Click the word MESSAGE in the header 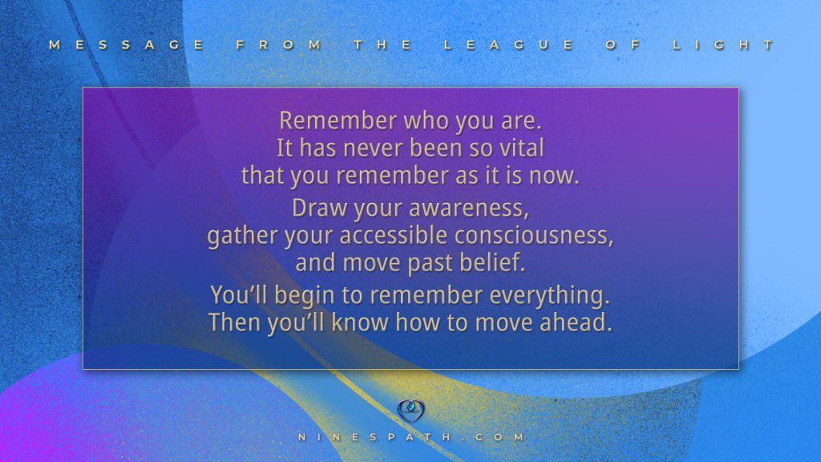click(x=127, y=45)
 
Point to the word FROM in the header click(x=279, y=45)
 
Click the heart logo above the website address click(x=411, y=411)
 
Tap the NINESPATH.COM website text click(x=411, y=437)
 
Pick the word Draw click(x=320, y=208)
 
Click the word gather click(x=242, y=237)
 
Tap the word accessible click(x=393, y=235)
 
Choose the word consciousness click(x=533, y=236)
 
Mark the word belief click(x=492, y=262)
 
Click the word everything click(x=550, y=296)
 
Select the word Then click(x=235, y=322)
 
